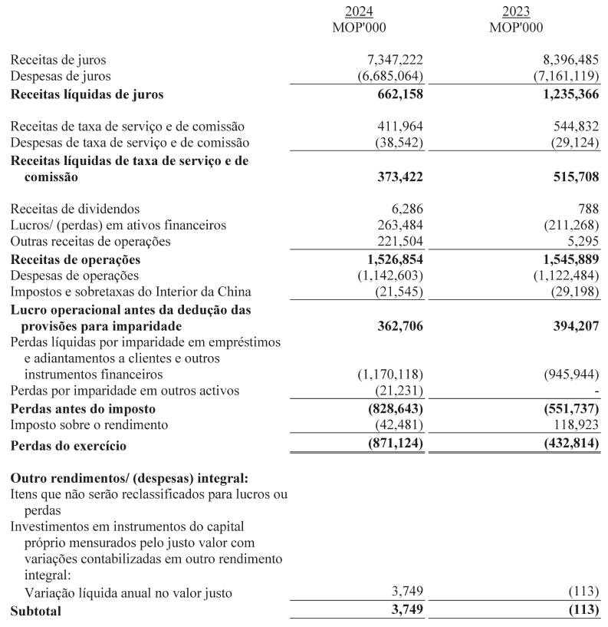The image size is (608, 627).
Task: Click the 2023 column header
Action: pyautogui.click(x=515, y=12)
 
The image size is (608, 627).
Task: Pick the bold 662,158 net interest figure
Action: pyautogui.click(x=397, y=95)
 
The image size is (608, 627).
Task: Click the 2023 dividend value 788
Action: pyautogui.click(x=588, y=209)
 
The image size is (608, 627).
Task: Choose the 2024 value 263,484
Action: pyautogui.click(x=400, y=225)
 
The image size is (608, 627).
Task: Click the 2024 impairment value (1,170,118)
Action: pyautogui.click(x=390, y=375)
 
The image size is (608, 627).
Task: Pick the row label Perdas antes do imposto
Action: pyautogui.click(x=82, y=409)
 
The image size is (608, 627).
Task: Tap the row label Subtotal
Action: pyautogui.click(x=35, y=612)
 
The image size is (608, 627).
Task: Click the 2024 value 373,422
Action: pyautogui.click(x=397, y=177)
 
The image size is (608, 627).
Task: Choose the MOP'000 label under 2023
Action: pyautogui.click(x=515, y=28)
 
